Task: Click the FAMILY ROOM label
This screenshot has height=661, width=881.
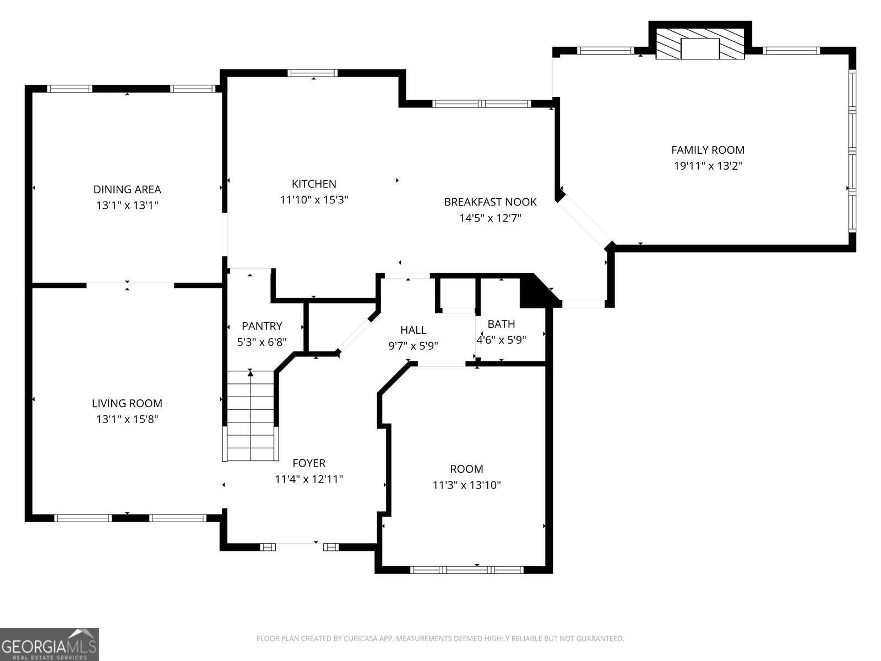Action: tap(708, 150)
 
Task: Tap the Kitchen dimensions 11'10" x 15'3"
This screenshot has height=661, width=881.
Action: tap(314, 200)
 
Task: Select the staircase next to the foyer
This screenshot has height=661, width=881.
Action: tap(251, 416)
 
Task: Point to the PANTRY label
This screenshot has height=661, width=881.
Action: tap(262, 326)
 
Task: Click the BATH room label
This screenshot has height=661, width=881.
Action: tap(501, 324)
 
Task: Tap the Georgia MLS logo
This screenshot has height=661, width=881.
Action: tap(50, 644)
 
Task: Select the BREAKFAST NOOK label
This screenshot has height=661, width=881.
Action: tap(490, 202)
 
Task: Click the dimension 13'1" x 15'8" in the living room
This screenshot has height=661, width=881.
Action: tap(127, 419)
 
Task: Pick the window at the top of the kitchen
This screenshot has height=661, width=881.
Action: tap(313, 73)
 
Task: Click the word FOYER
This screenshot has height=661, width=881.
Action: tap(309, 463)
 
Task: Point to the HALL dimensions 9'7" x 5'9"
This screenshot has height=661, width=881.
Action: tap(413, 346)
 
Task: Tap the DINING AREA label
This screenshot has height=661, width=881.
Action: tap(127, 189)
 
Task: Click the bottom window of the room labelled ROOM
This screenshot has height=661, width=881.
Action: tap(467, 570)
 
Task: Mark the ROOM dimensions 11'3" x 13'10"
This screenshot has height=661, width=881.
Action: tap(466, 485)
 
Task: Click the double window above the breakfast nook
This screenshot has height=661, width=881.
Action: tap(482, 104)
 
